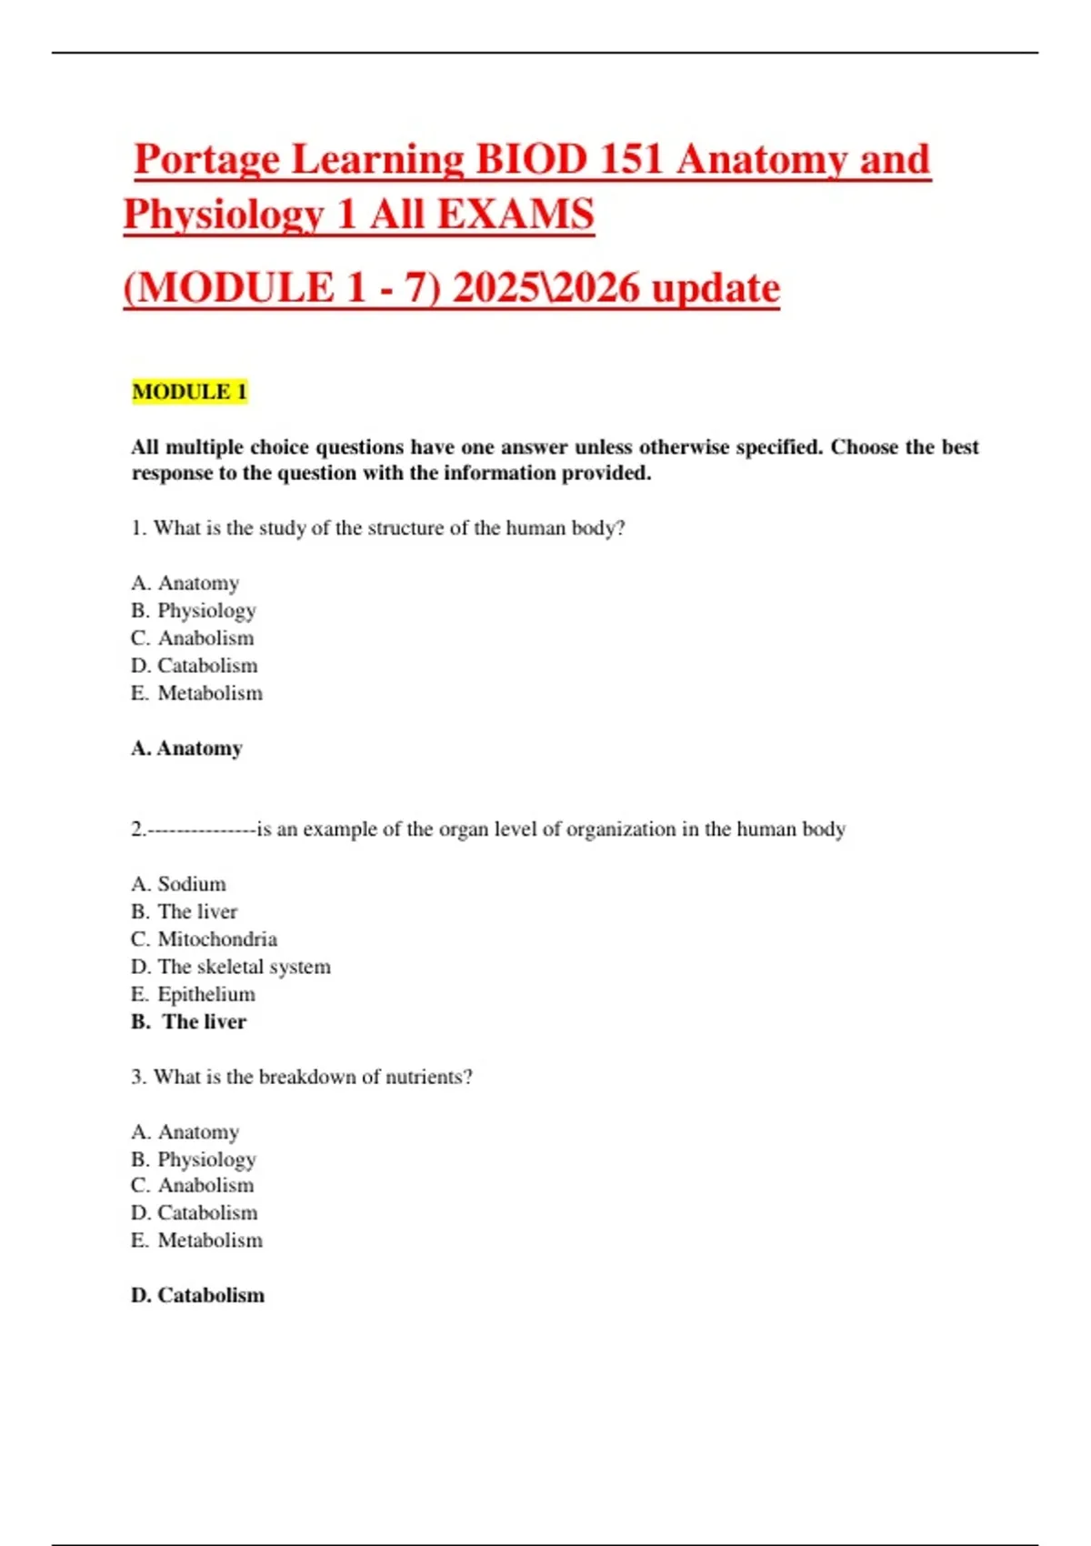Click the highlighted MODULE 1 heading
[189, 392]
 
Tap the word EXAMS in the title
[515, 216]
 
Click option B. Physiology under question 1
[194, 610]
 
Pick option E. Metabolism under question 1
[196, 693]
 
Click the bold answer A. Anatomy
[186, 748]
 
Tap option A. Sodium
[178, 884]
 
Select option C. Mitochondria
[204, 939]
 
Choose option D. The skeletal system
[231, 967]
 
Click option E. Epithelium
[193, 994]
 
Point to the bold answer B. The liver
[189, 1022]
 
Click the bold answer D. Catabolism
[197, 1295]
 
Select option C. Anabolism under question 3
[193, 1185]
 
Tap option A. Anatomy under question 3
[185, 1131]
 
